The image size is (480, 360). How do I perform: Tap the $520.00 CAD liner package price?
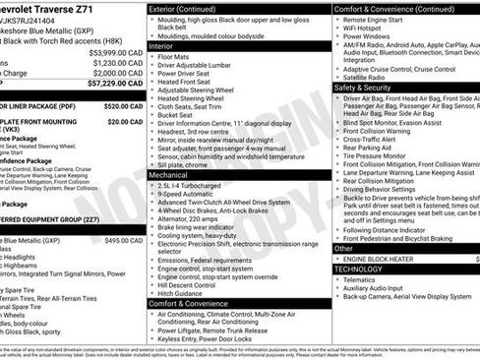point(123,105)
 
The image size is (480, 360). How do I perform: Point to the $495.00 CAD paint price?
point(123,239)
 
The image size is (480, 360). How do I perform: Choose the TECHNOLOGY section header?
point(358,268)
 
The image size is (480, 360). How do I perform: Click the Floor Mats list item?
point(176,55)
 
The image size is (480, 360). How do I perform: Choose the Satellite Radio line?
point(369,78)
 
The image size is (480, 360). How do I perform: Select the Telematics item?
point(362,278)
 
